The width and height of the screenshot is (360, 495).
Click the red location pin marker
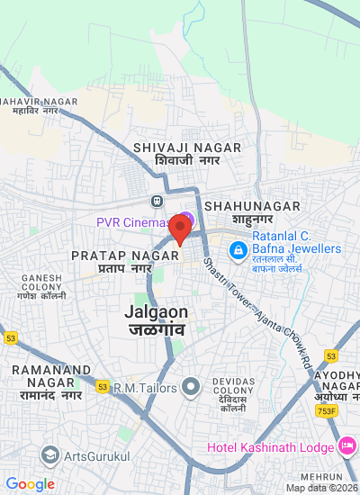tap(179, 229)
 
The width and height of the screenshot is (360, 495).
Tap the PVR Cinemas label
tap(133, 222)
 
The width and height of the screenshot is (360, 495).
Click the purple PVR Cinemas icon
tap(185, 219)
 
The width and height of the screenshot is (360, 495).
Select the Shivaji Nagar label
tap(186, 153)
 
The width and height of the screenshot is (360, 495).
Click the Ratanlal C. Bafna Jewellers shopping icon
tap(238, 248)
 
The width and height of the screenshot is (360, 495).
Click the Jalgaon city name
tap(157, 320)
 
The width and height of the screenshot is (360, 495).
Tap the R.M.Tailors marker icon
tap(190, 387)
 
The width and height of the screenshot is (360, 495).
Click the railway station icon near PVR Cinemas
tap(157, 201)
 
